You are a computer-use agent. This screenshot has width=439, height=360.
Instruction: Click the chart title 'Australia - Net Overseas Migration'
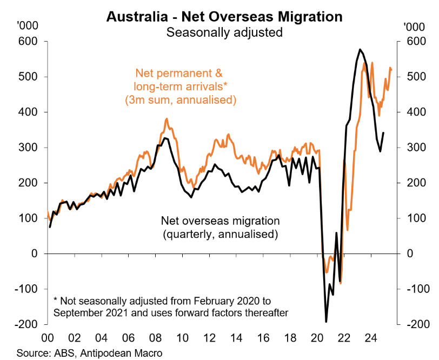pos(224,16)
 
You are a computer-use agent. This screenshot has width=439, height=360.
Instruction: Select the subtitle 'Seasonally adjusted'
pos(224,32)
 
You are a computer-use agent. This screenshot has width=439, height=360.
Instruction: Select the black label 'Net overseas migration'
pos(221,221)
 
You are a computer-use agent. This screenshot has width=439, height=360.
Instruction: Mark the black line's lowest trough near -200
pos(327,322)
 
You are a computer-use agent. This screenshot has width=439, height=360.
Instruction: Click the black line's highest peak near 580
pos(360,50)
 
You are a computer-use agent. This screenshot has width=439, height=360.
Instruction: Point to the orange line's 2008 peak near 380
pos(167,119)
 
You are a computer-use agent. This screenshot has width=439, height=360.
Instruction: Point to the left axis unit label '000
pos(27,25)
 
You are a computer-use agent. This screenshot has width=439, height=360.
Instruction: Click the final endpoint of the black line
pos(383,132)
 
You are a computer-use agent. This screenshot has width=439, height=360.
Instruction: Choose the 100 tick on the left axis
pos(30,218)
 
